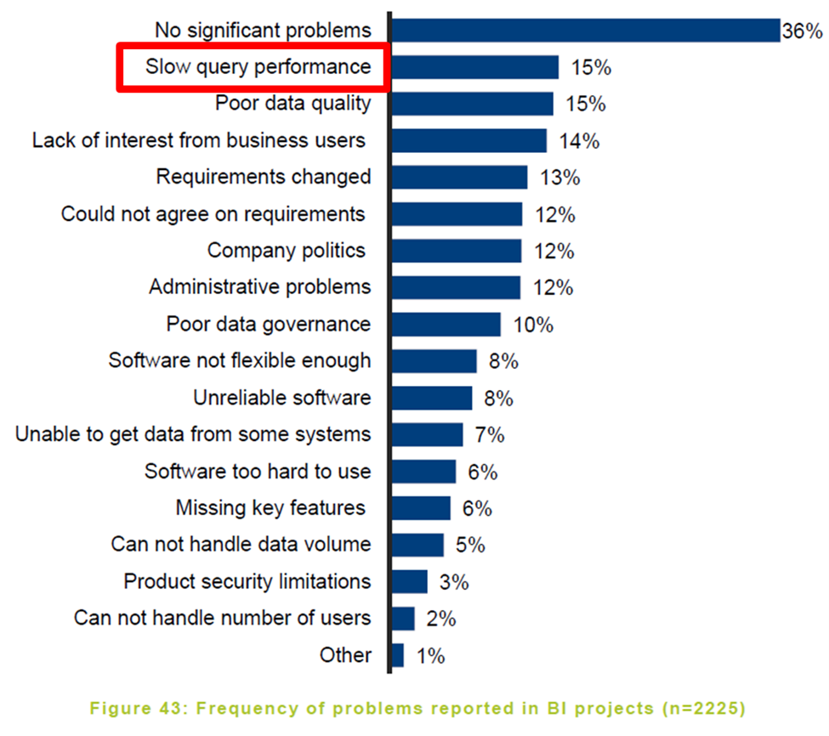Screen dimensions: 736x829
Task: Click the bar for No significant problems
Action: (x=585, y=31)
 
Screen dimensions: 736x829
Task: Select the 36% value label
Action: (x=803, y=31)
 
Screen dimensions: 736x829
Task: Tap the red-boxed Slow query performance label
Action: (x=253, y=67)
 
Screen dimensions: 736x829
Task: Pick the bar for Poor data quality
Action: (x=472, y=104)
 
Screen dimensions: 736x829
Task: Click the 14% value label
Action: (x=579, y=141)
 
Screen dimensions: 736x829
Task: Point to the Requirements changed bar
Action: (x=459, y=178)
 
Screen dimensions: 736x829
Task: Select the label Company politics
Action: (x=287, y=251)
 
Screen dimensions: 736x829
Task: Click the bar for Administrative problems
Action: (x=456, y=287)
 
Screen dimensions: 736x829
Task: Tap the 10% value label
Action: (x=533, y=325)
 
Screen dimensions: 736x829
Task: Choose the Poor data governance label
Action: (x=269, y=324)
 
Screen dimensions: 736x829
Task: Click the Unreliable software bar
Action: (x=431, y=398)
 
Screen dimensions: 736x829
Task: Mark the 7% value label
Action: (x=490, y=435)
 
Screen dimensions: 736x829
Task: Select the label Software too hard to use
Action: (x=258, y=471)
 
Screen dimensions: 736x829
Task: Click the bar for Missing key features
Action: (x=421, y=508)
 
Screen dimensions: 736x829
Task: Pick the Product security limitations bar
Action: (x=409, y=581)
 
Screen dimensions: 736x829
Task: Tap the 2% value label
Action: (x=441, y=619)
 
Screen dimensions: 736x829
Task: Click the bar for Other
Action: (x=397, y=655)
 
